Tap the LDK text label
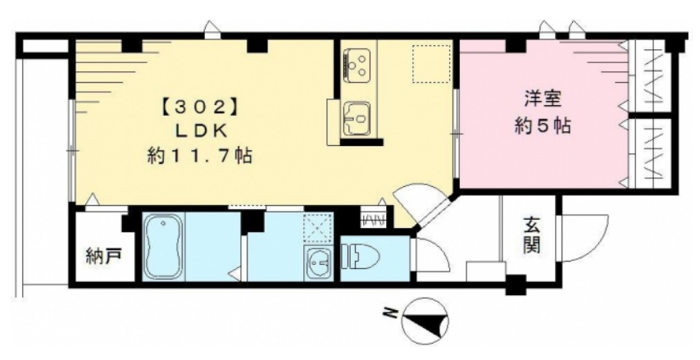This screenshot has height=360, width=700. point(199,132)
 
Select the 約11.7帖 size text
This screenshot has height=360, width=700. point(199,157)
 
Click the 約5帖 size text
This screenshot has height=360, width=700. point(543,126)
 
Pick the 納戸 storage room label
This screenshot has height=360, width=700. point(103,257)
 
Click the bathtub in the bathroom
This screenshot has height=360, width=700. point(163,247)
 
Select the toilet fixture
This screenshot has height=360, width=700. point(360,258)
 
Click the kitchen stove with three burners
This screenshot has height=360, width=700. point(358,66)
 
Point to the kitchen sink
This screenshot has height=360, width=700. point(357,117)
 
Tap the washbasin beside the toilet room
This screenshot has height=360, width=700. point(319,263)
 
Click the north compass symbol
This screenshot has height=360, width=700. point(425,321)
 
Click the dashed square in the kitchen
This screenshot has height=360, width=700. point(431,63)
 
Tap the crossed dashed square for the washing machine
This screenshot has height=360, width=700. point(318,228)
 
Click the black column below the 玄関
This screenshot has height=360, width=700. point(516,285)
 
